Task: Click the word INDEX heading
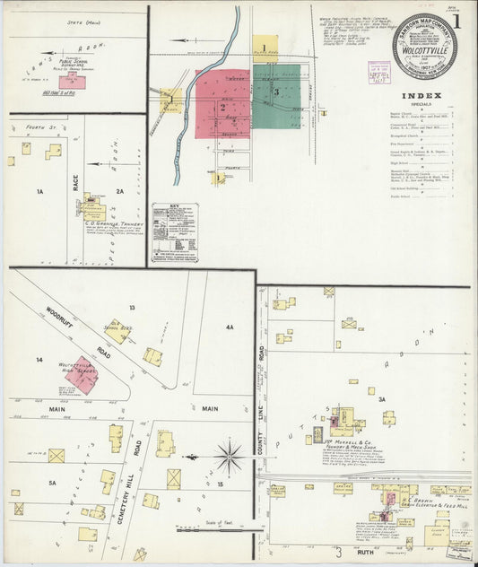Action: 421,94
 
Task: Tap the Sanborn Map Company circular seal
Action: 425,46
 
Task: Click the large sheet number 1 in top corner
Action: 456,22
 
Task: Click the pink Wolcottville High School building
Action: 83,374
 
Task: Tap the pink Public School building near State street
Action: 72,82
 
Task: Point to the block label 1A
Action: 39,191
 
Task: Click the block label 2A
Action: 120,191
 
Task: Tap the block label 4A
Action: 230,327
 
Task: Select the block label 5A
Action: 52,483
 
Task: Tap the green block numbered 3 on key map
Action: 278,92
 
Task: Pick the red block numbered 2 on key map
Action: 222,105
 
